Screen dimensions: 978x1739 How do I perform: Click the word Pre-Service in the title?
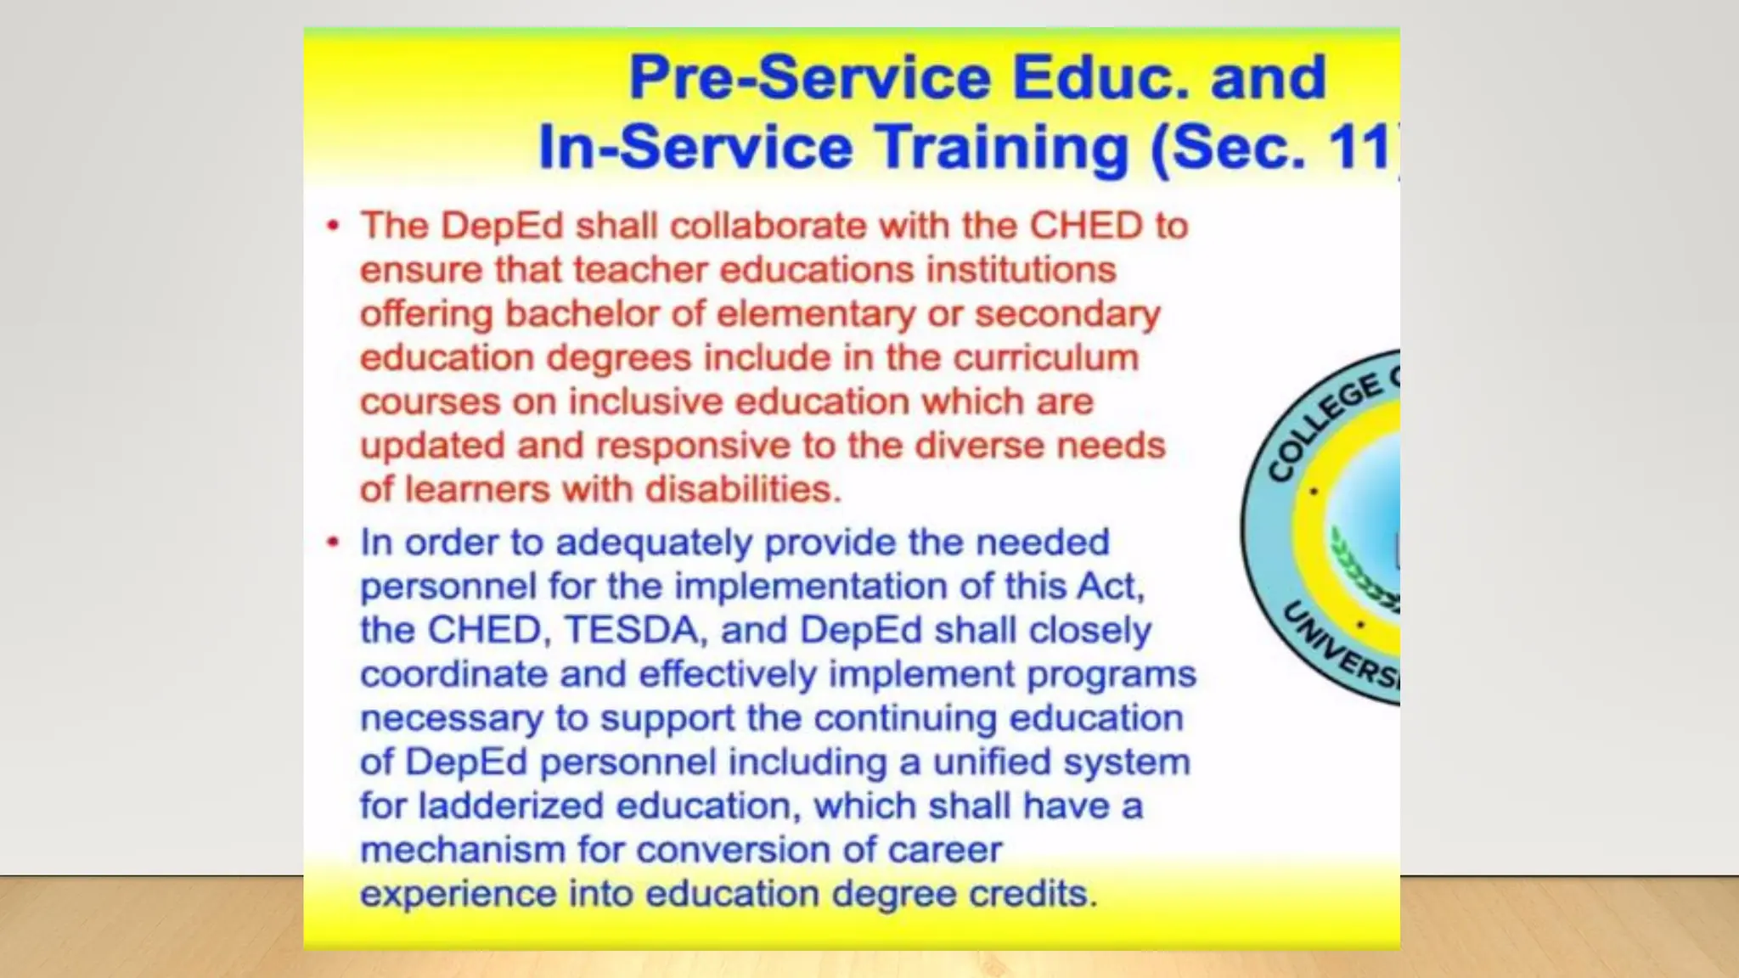click(x=809, y=78)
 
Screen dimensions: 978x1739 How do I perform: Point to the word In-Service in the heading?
click(x=695, y=148)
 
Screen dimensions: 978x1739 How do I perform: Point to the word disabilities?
click(x=742, y=490)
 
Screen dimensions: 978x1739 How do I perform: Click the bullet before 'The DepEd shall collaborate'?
click(x=333, y=226)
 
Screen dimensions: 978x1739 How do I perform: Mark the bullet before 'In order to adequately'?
click(x=333, y=542)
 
